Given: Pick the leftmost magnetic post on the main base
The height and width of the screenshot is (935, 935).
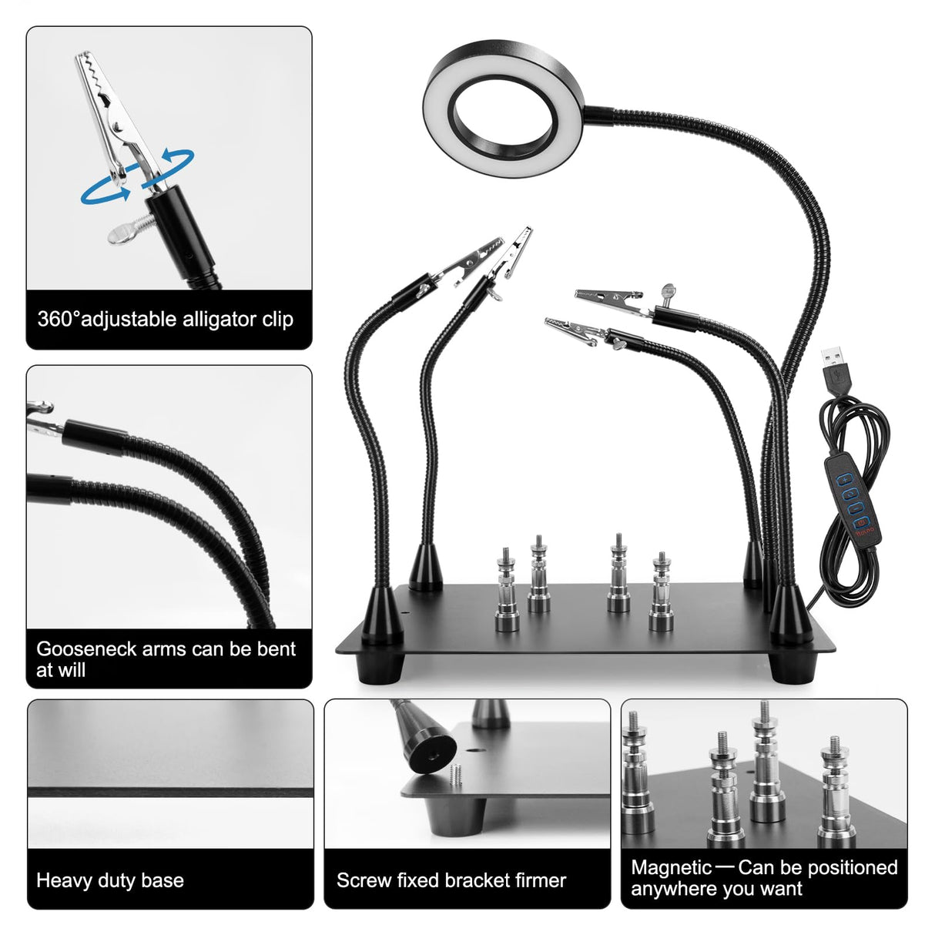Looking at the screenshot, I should tap(505, 592).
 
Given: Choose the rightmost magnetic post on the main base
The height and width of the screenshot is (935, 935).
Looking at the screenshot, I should tap(660, 593).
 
